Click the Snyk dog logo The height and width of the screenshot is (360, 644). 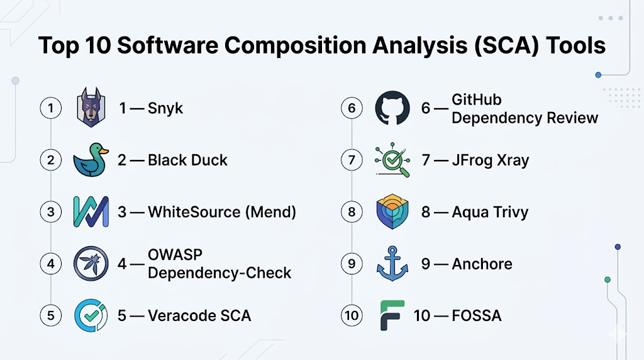tap(91, 107)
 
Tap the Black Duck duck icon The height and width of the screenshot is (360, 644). tap(91, 160)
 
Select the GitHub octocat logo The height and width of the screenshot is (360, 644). tap(392, 108)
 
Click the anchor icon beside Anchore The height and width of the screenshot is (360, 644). tap(392, 264)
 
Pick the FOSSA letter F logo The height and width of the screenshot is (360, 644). tap(392, 315)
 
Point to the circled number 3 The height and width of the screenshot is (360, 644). tap(50, 212)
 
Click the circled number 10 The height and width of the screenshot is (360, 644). tap(352, 315)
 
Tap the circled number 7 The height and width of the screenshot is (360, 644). tap(352, 160)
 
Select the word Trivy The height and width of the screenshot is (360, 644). tap(511, 213)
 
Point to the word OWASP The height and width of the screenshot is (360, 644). tap(175, 255)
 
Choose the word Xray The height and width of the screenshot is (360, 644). tap(513, 160)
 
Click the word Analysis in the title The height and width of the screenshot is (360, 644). tap(419, 45)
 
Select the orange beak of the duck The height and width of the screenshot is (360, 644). tap(104, 151)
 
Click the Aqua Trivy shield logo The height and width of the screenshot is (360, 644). tap(392, 211)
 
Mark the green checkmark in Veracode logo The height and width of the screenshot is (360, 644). tap(91, 315)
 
